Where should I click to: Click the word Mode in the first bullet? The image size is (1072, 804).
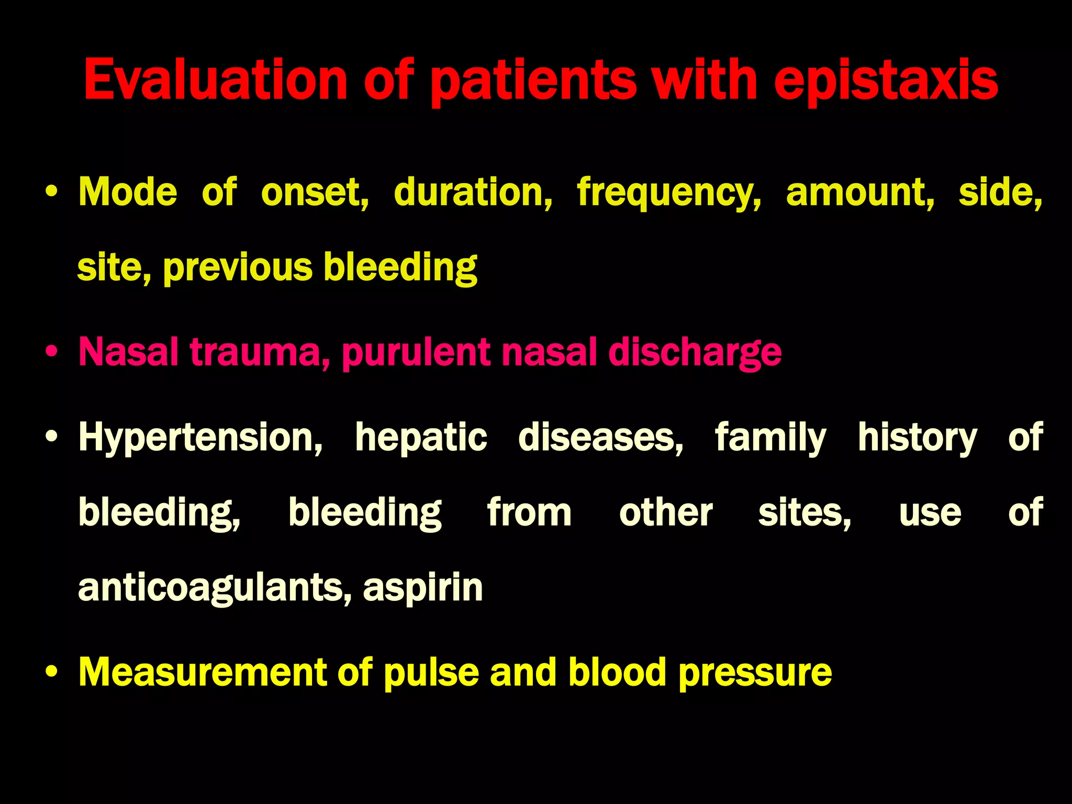point(128,192)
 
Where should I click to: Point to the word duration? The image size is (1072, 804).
point(473,193)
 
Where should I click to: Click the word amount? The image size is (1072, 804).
point(860,193)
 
